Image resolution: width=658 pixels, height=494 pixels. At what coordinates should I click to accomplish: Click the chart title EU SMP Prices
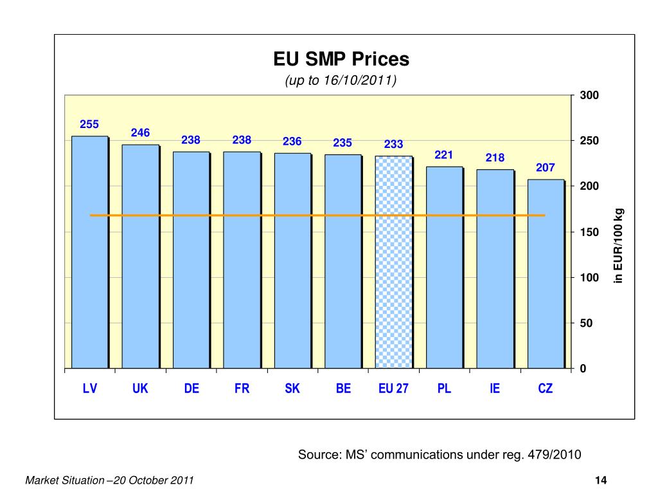click(341, 60)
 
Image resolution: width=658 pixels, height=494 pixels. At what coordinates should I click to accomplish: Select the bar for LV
click(89, 257)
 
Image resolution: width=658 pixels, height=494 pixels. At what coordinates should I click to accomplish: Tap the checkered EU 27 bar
click(393, 264)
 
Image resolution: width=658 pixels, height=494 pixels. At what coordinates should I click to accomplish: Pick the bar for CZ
click(545, 277)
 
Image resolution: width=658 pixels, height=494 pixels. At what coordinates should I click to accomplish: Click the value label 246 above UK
click(140, 133)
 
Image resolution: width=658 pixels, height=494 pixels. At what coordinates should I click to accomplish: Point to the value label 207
click(545, 168)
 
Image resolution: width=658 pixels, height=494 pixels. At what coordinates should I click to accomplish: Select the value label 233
click(393, 145)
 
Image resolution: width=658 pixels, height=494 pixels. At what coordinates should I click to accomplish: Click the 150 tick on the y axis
click(589, 232)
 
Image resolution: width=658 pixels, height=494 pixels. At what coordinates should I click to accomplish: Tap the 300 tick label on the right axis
click(589, 96)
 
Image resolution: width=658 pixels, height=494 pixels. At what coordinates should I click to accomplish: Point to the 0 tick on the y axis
click(582, 369)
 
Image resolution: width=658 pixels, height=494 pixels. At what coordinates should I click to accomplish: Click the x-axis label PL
click(444, 389)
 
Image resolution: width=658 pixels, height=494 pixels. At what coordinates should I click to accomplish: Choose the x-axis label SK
click(292, 389)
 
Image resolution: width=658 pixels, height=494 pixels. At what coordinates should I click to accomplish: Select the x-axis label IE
click(494, 389)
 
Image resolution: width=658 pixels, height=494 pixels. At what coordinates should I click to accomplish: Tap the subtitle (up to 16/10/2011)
click(341, 81)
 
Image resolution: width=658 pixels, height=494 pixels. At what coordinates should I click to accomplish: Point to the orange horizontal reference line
click(317, 215)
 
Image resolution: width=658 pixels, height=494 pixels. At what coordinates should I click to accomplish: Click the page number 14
click(601, 481)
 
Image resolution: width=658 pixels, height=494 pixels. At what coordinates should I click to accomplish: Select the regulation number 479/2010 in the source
click(553, 455)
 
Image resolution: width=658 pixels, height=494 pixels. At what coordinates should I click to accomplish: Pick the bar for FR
click(242, 257)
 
